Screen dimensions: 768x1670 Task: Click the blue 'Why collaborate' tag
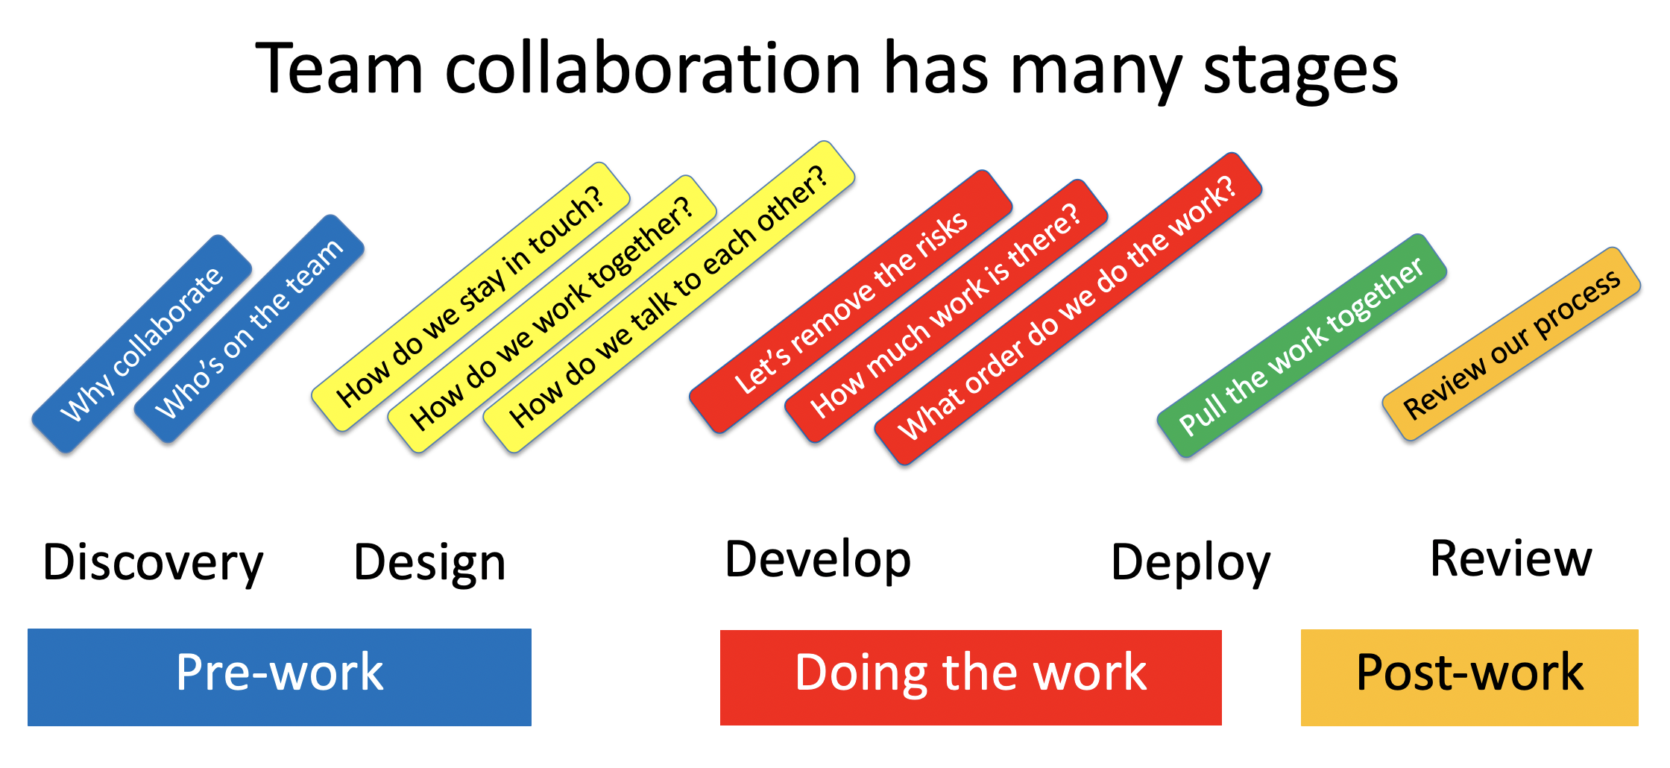click(x=142, y=344)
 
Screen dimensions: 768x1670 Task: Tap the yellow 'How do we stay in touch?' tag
click(x=470, y=296)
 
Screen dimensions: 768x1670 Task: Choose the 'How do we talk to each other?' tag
click(x=669, y=296)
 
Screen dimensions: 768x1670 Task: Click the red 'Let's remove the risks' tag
click(x=851, y=301)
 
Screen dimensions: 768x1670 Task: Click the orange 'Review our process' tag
click(x=1511, y=344)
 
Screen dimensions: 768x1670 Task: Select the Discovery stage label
click(x=153, y=563)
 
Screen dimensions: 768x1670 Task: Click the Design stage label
click(x=429, y=563)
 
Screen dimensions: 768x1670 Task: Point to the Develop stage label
click(x=818, y=560)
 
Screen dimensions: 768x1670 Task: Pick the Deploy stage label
click(x=1191, y=563)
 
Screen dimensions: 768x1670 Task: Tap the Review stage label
click(x=1511, y=558)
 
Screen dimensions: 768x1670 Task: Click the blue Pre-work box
click(x=280, y=677)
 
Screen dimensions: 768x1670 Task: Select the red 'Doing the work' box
click(x=971, y=677)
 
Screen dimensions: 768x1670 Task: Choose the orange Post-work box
click(x=1469, y=677)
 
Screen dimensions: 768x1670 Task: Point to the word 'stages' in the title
click(x=1300, y=71)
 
